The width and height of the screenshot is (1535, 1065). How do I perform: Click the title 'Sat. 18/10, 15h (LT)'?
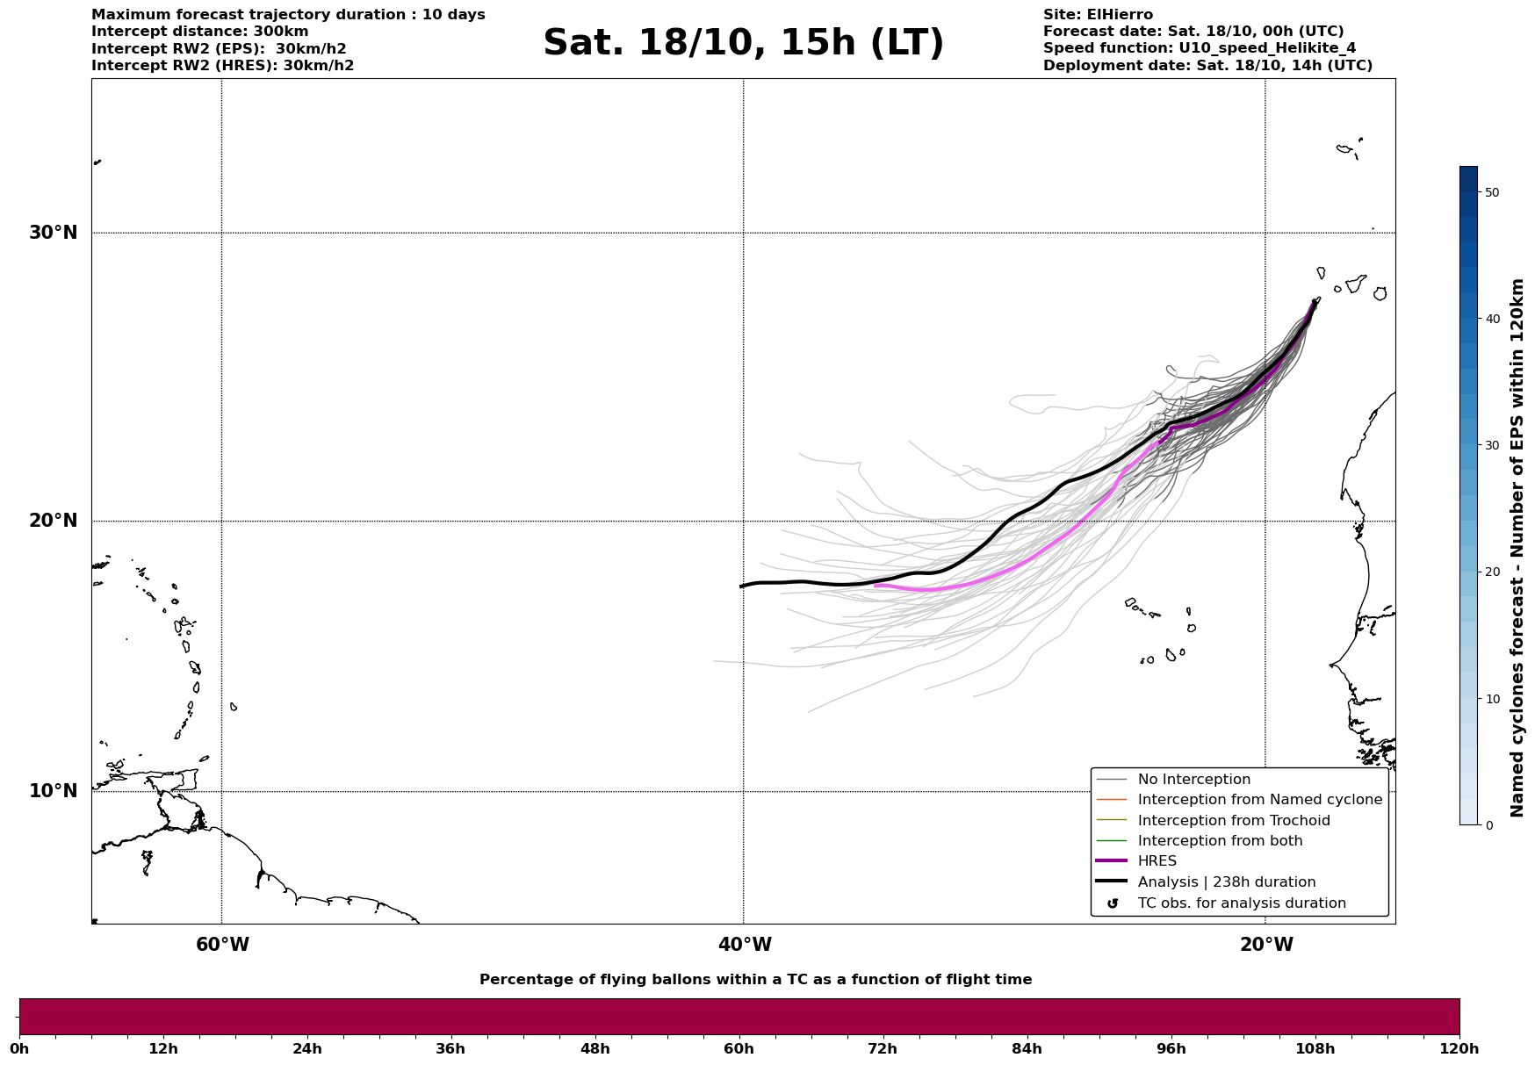tap(743, 43)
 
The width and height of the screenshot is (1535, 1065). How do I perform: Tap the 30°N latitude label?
tap(53, 233)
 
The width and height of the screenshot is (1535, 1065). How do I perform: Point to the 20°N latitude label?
tap(53, 521)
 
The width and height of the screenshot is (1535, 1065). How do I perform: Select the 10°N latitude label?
tap(53, 791)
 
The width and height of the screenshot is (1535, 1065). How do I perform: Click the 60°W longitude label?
tap(222, 945)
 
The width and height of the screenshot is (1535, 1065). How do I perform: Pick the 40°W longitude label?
tap(745, 945)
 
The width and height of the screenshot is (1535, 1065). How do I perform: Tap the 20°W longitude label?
tap(1266, 945)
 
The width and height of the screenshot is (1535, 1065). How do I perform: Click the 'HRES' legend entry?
tap(1157, 861)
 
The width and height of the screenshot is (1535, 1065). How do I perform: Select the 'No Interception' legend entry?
tap(1193, 780)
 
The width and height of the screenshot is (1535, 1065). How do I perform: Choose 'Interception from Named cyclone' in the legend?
tap(1259, 800)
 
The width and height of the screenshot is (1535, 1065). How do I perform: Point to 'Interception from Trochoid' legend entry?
tap(1233, 821)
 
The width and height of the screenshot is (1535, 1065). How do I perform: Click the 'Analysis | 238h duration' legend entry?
tap(1226, 882)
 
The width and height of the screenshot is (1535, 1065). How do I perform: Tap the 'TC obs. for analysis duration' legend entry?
tap(1241, 903)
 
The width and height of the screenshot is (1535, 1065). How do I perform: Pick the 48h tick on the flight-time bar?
tap(595, 1048)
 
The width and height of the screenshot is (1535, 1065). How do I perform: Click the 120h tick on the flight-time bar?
tap(1459, 1048)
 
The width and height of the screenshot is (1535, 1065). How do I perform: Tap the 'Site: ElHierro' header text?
tap(1098, 15)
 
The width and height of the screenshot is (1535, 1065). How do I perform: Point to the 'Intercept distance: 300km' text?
tap(199, 32)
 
